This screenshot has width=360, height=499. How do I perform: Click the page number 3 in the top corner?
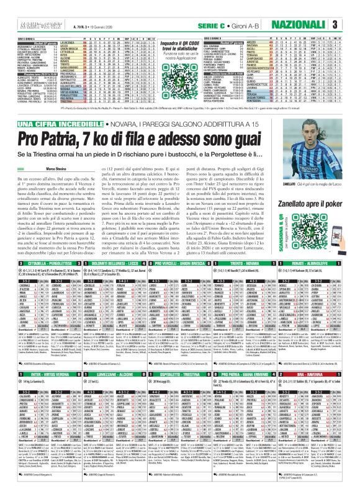tap(351, 24)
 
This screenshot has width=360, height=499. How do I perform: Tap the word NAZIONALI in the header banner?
tap(313, 24)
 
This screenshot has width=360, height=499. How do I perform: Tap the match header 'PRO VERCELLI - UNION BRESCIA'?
tap(183, 299)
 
